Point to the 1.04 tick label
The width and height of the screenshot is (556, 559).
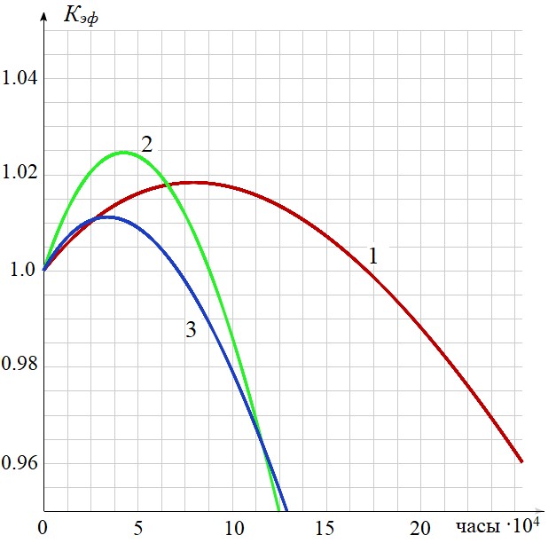pos(20,79)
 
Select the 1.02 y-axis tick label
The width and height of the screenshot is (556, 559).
pos(20,174)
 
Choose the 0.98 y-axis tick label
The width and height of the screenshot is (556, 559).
pos(20,366)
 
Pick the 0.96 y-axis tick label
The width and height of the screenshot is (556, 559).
pos(20,463)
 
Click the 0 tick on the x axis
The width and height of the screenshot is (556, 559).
pos(43,529)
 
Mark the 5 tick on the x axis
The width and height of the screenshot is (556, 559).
pos(137,529)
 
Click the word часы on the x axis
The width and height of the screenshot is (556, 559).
pos(479,528)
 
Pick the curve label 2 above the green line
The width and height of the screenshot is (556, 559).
pos(147,144)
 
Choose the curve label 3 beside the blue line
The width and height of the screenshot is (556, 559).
pos(191,330)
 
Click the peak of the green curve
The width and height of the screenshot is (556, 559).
pos(122,153)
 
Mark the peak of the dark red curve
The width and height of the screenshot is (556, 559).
pos(194,183)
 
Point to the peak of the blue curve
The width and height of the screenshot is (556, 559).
pos(105,217)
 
